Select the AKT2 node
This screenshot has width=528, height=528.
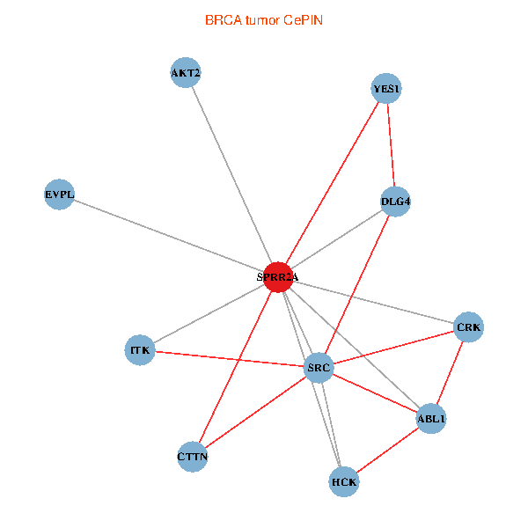[x=186, y=72]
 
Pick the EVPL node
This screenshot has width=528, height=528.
[x=60, y=194]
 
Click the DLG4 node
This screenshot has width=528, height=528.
[x=396, y=202]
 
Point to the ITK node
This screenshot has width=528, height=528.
[x=141, y=350]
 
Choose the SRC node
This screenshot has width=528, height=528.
[x=318, y=367]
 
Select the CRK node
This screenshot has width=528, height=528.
[x=468, y=327]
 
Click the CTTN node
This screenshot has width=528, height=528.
[x=192, y=457]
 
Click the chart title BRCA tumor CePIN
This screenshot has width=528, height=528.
[x=263, y=19]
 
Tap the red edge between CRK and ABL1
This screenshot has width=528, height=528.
[x=450, y=373]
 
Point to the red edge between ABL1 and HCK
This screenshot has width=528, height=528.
[x=387, y=450]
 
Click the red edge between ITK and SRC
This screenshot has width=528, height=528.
[x=229, y=358]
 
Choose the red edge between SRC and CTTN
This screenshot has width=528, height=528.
[x=255, y=412]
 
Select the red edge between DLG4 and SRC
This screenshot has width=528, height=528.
[x=357, y=283]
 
